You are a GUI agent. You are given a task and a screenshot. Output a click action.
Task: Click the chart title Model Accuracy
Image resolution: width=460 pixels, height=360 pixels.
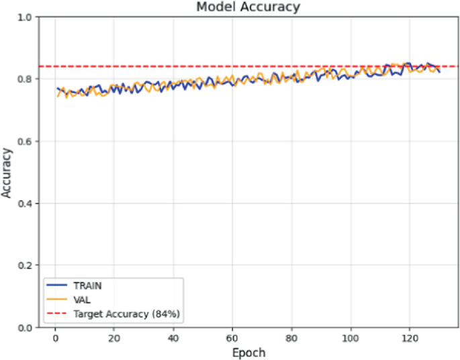(x=248, y=7)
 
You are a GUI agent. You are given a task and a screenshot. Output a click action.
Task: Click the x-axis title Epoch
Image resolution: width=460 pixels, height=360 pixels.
(x=248, y=353)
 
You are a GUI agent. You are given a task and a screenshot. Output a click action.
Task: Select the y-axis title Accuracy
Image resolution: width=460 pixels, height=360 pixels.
(x=7, y=173)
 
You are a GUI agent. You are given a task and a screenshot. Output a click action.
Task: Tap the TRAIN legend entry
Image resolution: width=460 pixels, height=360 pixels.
(x=87, y=285)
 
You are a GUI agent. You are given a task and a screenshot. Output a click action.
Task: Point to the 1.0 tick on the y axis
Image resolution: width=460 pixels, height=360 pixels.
(x=26, y=17)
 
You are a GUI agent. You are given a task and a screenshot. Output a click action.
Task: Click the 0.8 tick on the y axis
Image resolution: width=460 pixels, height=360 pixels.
(x=26, y=79)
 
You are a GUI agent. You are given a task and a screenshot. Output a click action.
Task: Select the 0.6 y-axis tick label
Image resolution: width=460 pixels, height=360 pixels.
(x=26, y=141)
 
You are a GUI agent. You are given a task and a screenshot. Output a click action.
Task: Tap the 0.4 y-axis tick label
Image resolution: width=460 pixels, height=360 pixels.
(x=26, y=204)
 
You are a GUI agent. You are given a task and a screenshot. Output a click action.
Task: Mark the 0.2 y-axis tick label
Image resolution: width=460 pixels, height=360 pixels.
(x=26, y=265)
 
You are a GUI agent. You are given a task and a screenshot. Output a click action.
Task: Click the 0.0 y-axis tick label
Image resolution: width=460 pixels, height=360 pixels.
(x=26, y=328)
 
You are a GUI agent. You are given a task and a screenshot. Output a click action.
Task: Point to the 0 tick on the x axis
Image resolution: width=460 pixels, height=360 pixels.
(x=55, y=338)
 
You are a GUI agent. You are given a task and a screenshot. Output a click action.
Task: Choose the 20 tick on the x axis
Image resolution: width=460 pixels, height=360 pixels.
(x=114, y=338)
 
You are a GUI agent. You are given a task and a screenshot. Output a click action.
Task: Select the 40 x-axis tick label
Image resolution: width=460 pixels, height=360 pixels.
(x=173, y=338)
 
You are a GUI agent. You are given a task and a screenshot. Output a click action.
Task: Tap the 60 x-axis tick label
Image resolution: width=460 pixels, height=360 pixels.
(x=232, y=338)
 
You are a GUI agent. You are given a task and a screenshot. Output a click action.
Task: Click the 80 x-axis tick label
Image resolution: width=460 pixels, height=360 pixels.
(x=291, y=338)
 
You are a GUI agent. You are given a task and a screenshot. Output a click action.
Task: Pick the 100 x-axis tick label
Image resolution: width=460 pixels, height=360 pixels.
(x=351, y=338)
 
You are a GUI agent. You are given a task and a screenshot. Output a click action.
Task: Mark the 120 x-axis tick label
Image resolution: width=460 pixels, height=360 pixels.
(x=410, y=338)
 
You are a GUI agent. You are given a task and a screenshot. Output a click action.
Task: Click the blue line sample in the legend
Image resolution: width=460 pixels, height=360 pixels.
(x=57, y=285)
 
